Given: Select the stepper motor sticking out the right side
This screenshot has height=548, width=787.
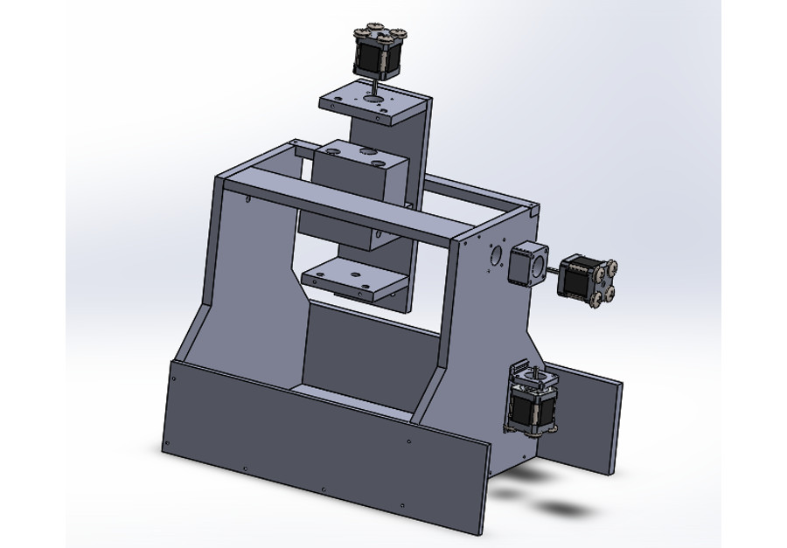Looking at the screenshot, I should pyautogui.click(x=584, y=277).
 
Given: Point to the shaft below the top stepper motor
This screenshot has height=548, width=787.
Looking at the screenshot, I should pyautogui.click(x=372, y=88).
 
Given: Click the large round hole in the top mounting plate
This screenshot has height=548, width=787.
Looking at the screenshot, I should pyautogui.click(x=374, y=101).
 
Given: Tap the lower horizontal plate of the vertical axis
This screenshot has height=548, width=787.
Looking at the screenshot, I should pyautogui.click(x=354, y=281).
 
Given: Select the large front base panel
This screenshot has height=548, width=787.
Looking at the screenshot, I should pyautogui.click(x=324, y=446).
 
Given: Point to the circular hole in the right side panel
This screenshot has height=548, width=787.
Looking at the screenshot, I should pyautogui.click(x=496, y=255).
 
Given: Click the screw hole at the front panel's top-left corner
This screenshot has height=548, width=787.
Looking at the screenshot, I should pyautogui.click(x=174, y=378).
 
